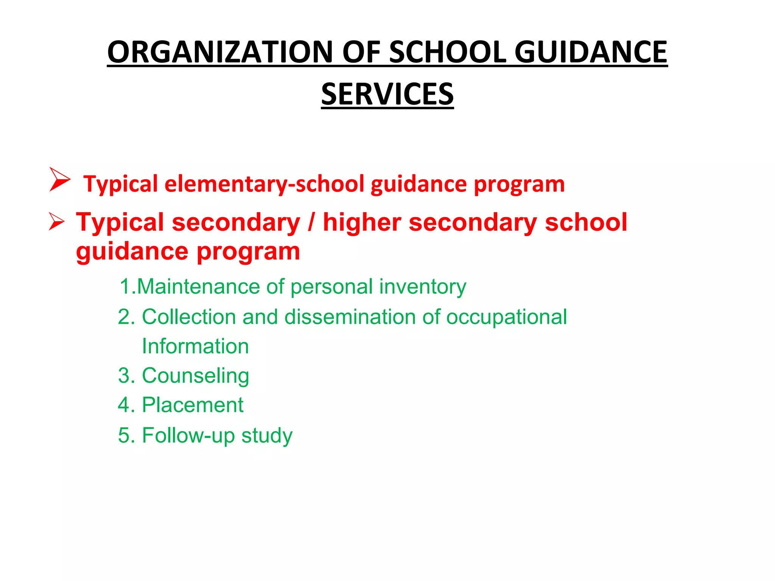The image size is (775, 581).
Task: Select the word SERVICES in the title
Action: pyautogui.click(x=387, y=94)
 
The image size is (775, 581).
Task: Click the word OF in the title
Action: pyautogui.click(x=361, y=52)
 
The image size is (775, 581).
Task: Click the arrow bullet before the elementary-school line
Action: pyautogui.click(x=59, y=179)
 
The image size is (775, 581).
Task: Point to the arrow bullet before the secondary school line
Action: pyautogui.click(x=57, y=221)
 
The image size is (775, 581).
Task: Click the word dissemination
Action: pyautogui.click(x=350, y=317)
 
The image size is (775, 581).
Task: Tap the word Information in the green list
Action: pyautogui.click(x=195, y=346)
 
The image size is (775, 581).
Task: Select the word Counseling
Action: pyautogui.click(x=195, y=376)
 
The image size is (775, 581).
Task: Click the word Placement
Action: pyautogui.click(x=193, y=405)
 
